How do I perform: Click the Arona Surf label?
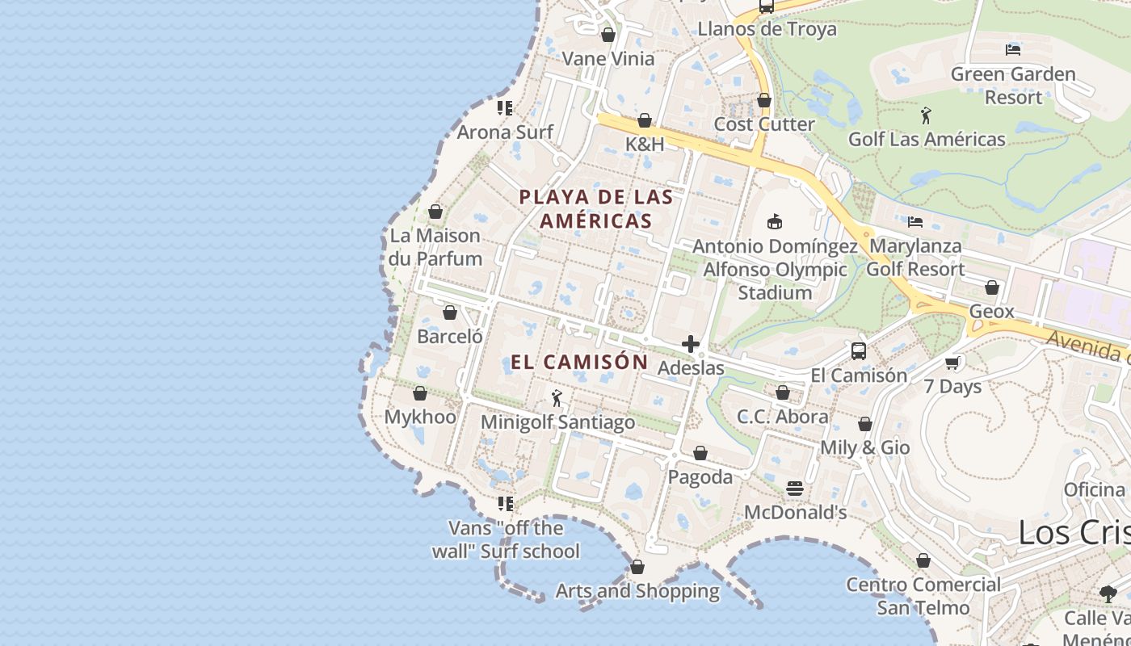[x=505, y=132]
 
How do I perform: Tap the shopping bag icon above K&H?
[x=645, y=121]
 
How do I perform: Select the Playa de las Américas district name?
[x=596, y=208]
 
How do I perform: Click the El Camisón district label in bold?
[x=579, y=362]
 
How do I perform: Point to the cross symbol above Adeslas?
[x=691, y=345]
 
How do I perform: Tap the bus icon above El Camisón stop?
[x=859, y=351]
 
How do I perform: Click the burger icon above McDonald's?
[x=795, y=489]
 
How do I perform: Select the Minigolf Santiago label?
[x=557, y=422]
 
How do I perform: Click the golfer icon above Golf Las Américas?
[x=926, y=115]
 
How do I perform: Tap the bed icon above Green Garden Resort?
[x=1013, y=50]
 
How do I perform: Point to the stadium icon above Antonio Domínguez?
[x=775, y=221]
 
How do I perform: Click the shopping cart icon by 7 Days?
[x=952, y=363]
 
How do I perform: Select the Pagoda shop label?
[x=700, y=477]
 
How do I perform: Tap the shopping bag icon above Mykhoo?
[x=420, y=394]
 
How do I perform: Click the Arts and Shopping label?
[x=637, y=591]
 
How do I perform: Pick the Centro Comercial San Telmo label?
[x=923, y=596]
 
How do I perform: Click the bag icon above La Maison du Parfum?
[x=435, y=212]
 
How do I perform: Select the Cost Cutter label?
[x=764, y=124]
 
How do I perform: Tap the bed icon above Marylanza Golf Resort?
[x=915, y=222]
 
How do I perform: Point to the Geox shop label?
[x=991, y=312]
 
